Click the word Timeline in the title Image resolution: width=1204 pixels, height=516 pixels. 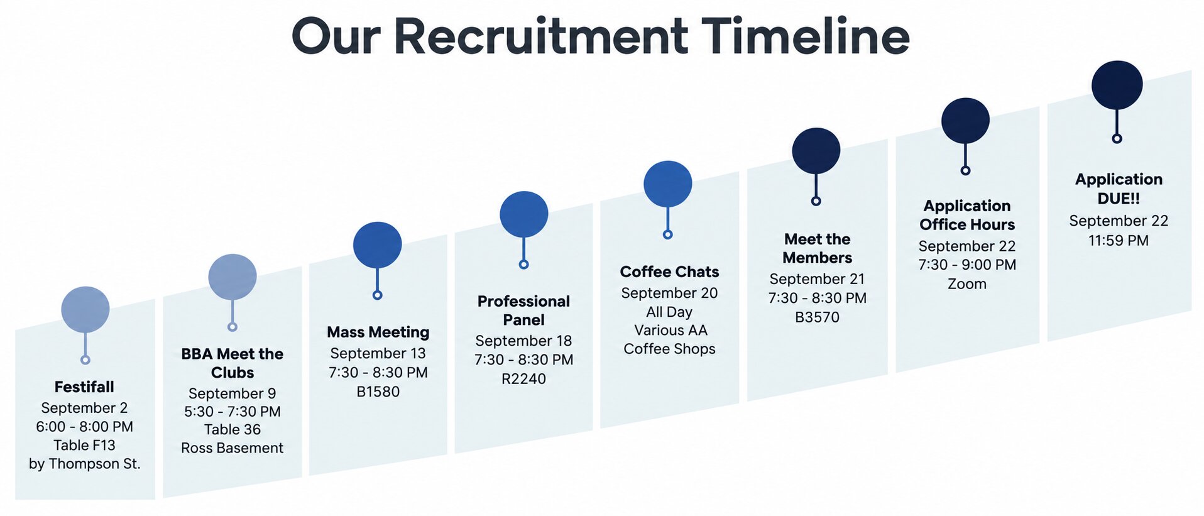click(x=806, y=36)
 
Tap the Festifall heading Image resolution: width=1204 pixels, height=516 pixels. click(x=84, y=387)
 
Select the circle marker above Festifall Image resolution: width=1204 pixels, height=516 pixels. click(x=85, y=309)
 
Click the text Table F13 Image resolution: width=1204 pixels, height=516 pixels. click(x=84, y=445)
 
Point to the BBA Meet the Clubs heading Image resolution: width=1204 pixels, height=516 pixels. click(x=233, y=363)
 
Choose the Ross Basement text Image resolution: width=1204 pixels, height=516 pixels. click(x=233, y=447)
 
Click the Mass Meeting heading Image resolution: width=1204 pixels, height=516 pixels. click(x=378, y=332)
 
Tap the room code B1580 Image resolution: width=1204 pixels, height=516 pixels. click(x=378, y=392)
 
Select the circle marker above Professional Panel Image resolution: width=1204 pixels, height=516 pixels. click(x=524, y=214)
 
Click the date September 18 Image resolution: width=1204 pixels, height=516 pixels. click(x=523, y=341)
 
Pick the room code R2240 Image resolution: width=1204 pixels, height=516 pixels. click(x=523, y=378)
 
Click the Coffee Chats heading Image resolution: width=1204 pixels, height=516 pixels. click(x=669, y=272)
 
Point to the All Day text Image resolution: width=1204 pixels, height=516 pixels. click(x=669, y=312)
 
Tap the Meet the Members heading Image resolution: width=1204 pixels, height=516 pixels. click(x=817, y=248)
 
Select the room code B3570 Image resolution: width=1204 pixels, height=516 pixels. click(x=817, y=317)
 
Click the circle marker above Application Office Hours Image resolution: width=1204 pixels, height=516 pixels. click(x=965, y=121)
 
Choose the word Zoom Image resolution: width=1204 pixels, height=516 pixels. click(x=967, y=283)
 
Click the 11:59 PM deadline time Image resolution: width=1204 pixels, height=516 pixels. click(x=1119, y=240)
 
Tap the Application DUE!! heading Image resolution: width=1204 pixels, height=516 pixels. click(x=1119, y=189)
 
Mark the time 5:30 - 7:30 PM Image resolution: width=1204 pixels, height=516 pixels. click(x=233, y=411)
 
